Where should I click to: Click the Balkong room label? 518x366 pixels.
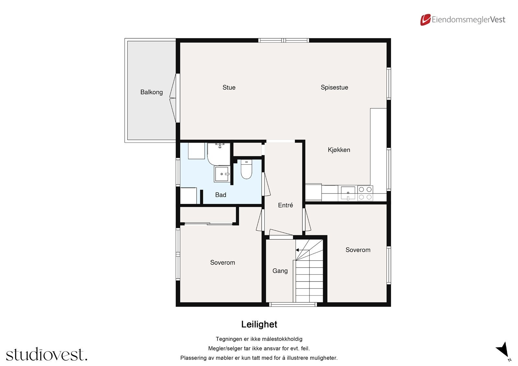coord(152,92)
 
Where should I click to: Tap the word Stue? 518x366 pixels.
coord(229,87)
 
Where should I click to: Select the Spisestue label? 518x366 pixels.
coord(334,87)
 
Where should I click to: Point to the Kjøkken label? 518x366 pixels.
coord(339,150)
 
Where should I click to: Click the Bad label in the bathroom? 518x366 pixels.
coord(220,195)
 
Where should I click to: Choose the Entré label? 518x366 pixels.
coord(285,205)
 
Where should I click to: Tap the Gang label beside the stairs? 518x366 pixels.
coord(280,271)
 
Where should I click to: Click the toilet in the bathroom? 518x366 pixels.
coord(246,170)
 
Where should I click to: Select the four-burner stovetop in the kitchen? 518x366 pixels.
coord(365,193)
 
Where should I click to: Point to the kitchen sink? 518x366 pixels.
coord(348,193)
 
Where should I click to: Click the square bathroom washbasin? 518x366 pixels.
coord(222,174)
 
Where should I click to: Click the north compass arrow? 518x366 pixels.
coord(503,349)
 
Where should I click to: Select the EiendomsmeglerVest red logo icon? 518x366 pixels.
coord(425,20)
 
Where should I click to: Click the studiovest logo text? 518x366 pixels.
coord(47,354)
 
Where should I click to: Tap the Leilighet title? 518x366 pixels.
coord(259,324)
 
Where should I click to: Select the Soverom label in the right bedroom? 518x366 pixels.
coord(358,250)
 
